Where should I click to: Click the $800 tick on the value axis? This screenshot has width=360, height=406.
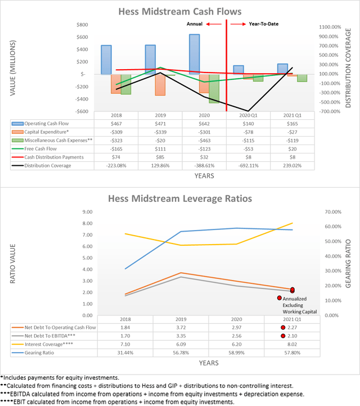click(x=83, y=25)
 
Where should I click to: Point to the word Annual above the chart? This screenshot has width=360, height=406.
click(x=194, y=25)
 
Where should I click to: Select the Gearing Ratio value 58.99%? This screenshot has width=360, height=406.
click(x=236, y=352)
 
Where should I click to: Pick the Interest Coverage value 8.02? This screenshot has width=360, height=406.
click(x=292, y=344)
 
